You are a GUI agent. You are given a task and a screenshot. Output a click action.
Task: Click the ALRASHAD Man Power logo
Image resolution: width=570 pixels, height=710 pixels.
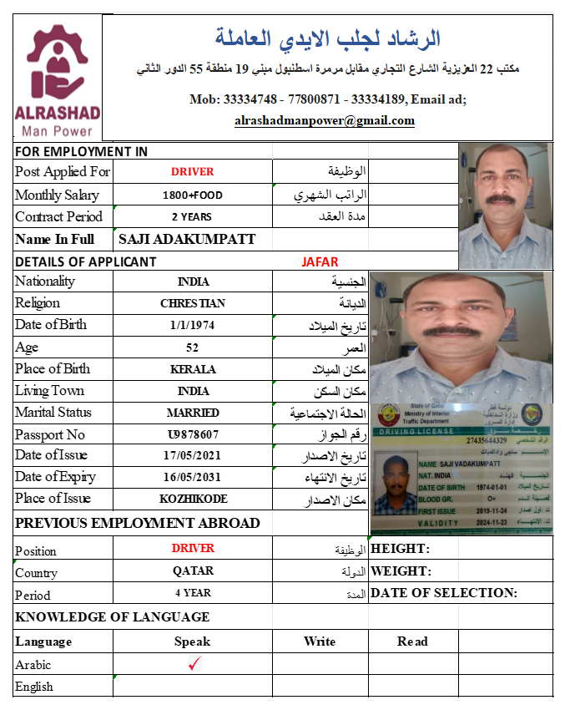[58, 80]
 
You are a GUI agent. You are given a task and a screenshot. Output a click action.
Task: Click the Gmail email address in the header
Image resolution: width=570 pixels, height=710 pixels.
[325, 120]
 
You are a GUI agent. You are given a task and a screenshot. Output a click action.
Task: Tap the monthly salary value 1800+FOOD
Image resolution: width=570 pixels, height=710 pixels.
[192, 195]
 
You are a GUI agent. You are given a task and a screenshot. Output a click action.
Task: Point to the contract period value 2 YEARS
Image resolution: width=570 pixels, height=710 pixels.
[192, 217]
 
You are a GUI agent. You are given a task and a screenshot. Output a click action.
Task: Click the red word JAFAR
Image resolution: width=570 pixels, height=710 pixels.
[320, 261]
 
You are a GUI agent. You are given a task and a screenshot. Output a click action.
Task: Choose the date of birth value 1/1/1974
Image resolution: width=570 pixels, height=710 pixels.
[192, 325]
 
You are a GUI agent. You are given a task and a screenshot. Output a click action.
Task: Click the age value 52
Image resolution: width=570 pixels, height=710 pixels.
[192, 347]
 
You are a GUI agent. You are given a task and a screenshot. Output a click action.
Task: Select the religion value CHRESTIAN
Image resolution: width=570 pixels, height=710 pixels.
[192, 303]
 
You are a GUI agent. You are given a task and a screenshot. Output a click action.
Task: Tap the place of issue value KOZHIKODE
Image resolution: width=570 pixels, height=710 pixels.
[192, 499]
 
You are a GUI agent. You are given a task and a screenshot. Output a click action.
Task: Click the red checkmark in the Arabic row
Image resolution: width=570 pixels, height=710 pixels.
[194, 664]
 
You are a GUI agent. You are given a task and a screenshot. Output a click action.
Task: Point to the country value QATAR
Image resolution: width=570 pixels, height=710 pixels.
[193, 571]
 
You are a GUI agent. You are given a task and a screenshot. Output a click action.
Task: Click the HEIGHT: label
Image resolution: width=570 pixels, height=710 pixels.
[400, 549]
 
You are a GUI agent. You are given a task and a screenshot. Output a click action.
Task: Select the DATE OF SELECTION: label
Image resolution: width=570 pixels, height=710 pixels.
[443, 593]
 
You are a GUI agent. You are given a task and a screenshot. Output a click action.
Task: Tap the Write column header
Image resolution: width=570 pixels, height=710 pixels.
[320, 642]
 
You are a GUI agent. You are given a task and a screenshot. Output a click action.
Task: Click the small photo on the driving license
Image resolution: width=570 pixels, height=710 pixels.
[395, 485]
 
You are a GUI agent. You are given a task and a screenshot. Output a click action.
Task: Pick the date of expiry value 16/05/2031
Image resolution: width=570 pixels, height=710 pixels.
[192, 477]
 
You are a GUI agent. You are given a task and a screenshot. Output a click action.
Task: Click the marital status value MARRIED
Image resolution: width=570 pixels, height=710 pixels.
[192, 413]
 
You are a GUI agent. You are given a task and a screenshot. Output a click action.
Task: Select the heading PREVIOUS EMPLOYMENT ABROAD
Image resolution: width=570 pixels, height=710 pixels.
[138, 523]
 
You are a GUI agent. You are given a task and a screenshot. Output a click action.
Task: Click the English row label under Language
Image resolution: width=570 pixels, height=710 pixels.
[34, 687]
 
